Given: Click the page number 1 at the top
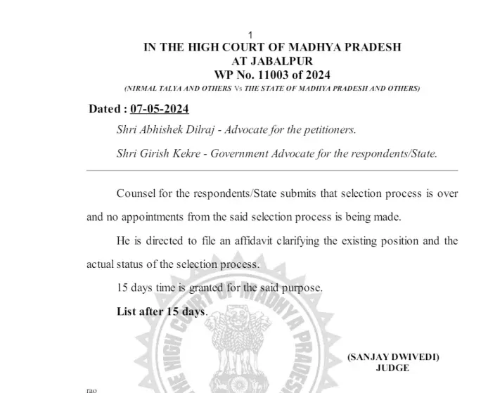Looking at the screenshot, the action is click(251, 35).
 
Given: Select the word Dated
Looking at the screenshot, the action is click(105, 110).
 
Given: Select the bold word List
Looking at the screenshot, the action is click(127, 311).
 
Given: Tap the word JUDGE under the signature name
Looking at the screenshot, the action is click(392, 368).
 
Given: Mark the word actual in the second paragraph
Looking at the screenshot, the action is click(102, 265).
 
